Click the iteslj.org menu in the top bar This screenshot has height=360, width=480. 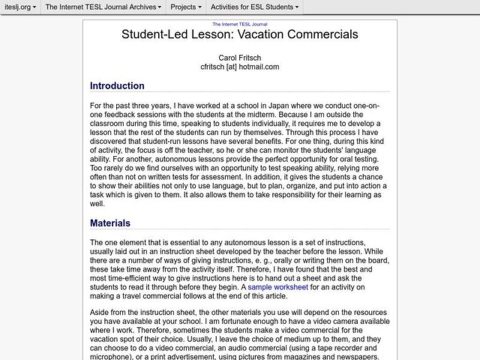click(19, 7)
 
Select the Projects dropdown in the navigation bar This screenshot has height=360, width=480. click(186, 7)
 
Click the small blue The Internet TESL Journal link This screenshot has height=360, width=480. click(240, 23)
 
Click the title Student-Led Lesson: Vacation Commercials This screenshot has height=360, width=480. click(240, 34)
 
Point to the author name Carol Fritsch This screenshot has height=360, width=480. click(240, 57)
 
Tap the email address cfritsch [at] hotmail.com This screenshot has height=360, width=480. click(240, 67)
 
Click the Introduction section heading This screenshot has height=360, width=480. click(117, 86)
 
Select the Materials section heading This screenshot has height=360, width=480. click(110, 223)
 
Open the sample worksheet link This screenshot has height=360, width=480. click(278, 287)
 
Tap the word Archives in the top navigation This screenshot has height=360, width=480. click(142, 7)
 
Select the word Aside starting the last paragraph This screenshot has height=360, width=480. click(100, 313)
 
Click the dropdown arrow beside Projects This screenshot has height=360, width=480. click(200, 8)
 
